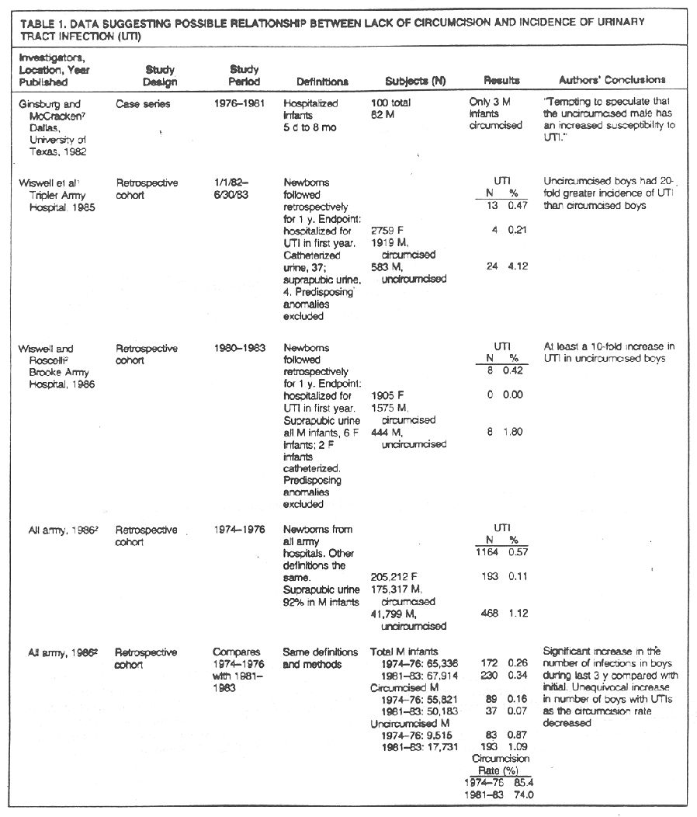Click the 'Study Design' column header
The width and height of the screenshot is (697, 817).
pos(161,76)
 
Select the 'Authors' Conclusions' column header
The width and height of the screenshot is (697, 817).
pos(612,80)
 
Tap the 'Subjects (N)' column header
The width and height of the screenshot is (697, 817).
pos(415,81)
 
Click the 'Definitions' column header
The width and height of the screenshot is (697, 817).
pos(322,82)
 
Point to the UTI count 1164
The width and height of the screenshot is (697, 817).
pos(478,553)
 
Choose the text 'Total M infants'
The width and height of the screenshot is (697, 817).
pos(404,652)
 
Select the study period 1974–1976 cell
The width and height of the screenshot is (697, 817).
pos(239,530)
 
